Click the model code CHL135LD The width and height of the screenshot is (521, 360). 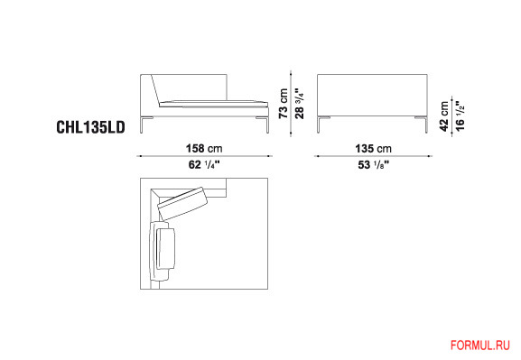point(90,127)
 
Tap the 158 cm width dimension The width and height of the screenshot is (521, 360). point(204,148)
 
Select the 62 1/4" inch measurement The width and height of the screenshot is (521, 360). point(204,164)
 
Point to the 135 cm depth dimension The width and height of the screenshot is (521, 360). point(373,148)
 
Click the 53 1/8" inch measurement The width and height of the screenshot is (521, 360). point(373,164)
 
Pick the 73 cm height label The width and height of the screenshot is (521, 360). point(284,103)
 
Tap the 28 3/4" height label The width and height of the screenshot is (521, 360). point(300,103)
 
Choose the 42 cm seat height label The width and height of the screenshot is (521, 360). point(444,116)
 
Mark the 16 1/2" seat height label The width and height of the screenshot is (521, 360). point(460,116)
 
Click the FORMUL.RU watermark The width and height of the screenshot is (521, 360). point(480,345)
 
